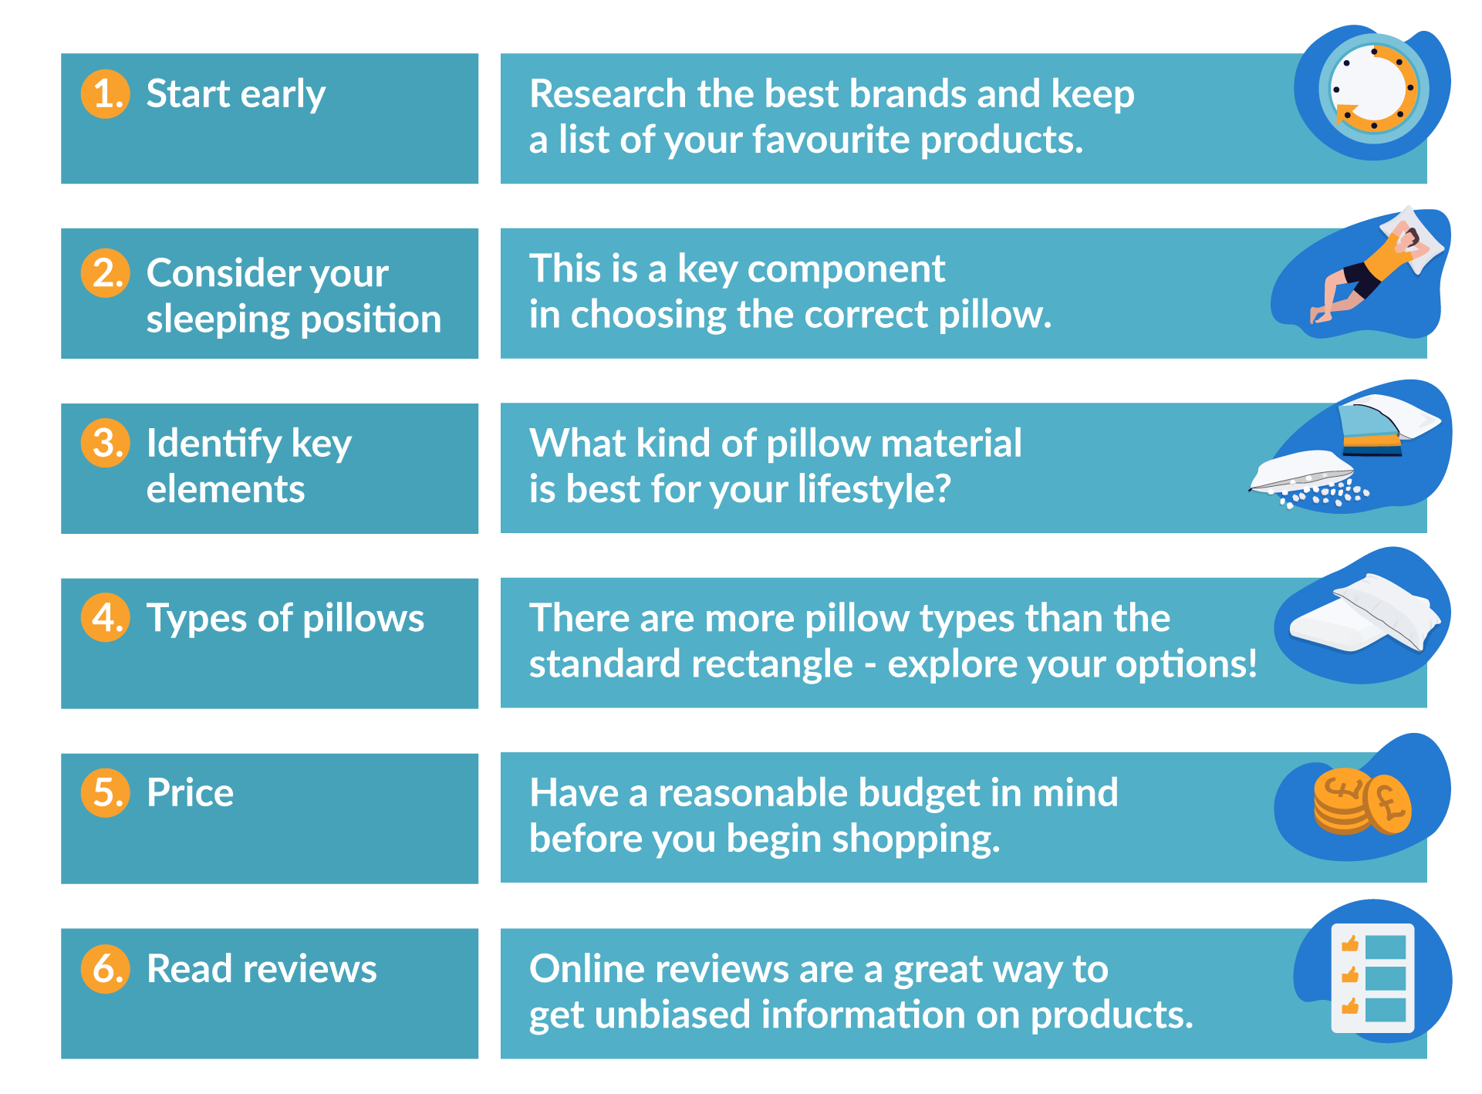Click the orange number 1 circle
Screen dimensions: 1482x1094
pos(106,94)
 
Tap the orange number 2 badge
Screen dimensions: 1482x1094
pos(106,273)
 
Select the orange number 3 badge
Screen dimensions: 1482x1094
pos(106,443)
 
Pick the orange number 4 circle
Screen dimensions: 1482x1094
pos(106,617)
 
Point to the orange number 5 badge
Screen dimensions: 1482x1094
pos(106,792)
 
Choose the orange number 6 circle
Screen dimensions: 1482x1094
pos(106,968)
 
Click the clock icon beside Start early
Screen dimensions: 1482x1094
pos(1374,89)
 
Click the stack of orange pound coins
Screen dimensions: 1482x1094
pos(1362,802)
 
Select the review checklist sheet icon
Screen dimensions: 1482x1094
pos(1372,978)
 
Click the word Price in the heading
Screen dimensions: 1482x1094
pos(190,793)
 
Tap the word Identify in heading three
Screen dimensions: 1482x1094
pos(214,444)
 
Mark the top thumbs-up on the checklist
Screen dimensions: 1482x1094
pos(1350,944)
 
